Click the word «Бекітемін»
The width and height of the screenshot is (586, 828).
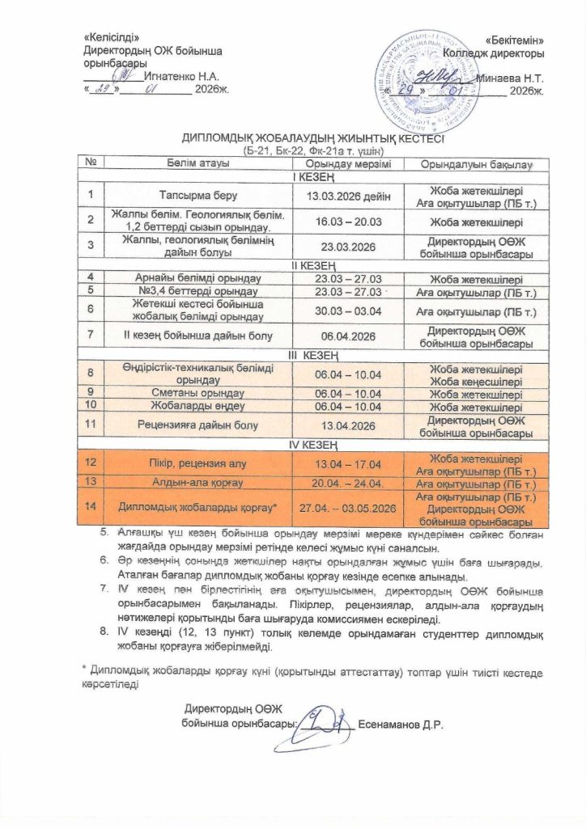pos(515,40)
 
